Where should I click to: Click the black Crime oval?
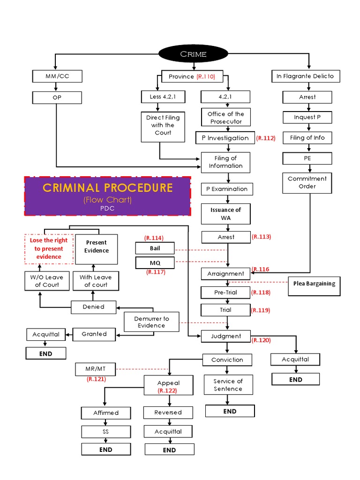[194, 54]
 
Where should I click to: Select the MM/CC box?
[57, 76]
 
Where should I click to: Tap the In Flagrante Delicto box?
[305, 76]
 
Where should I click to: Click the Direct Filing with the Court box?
[163, 125]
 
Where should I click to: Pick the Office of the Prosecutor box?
[226, 118]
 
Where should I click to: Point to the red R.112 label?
[266, 138]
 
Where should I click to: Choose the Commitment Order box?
[307, 182]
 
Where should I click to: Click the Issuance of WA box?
[226, 214]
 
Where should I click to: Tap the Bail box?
[155, 247]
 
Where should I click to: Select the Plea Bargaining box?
[315, 284]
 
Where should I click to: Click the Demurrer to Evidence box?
[151, 322]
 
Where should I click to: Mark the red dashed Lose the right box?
[49, 248]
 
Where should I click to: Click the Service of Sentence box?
[228, 385]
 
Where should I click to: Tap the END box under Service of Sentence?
[230, 411]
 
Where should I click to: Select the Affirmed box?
[106, 412]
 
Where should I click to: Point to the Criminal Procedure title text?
[108, 188]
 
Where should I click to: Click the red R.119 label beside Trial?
[261, 310]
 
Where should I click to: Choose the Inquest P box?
[307, 117]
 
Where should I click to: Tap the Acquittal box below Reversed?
[168, 431]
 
